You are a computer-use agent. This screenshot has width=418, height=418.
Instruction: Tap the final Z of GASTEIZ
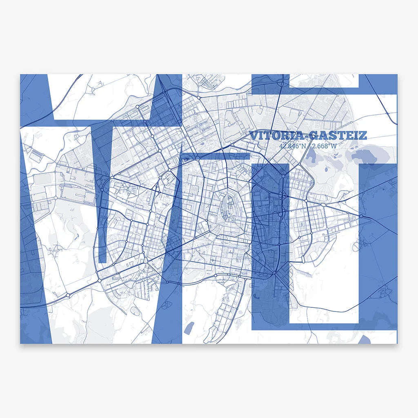363,135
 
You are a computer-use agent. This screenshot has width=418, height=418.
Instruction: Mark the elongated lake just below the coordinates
311,154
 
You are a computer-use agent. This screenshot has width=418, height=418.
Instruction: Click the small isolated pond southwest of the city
189,327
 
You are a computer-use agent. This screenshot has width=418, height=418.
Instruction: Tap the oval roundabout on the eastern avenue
323,205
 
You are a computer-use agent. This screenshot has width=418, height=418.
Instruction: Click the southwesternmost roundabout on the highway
68,295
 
